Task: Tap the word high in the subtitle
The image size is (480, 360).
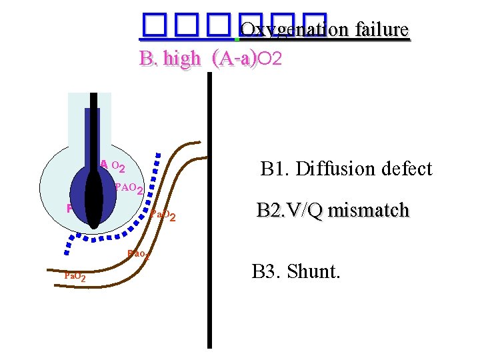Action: (180, 59)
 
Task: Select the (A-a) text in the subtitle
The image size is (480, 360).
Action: (233, 59)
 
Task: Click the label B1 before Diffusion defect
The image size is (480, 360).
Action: (273, 169)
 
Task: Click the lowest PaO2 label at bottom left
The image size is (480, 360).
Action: (73, 276)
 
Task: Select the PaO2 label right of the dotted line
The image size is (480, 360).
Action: (163, 215)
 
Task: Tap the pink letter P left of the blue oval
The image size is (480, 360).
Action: (69, 208)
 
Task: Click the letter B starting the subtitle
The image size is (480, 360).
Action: (145, 59)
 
